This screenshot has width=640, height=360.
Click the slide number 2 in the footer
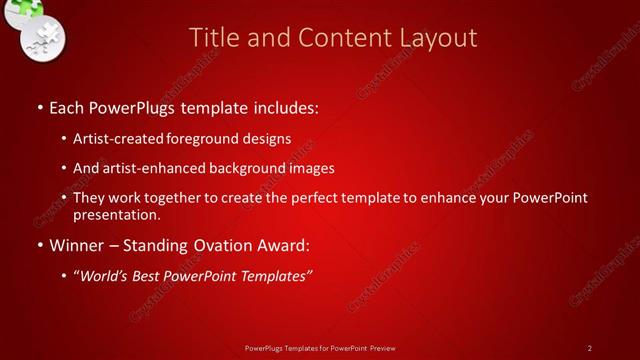pyautogui.click(x=589, y=347)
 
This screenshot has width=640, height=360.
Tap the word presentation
pyautogui.click(x=116, y=215)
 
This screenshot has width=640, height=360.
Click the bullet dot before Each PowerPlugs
pyautogui.click(x=39, y=105)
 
